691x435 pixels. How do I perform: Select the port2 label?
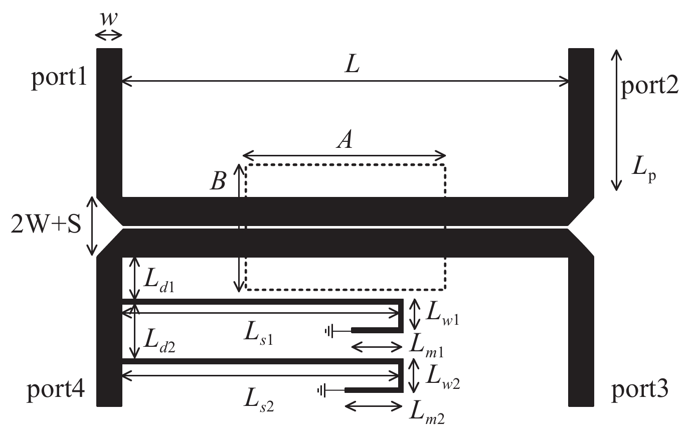[649, 86]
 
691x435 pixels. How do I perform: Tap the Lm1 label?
[427, 346]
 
